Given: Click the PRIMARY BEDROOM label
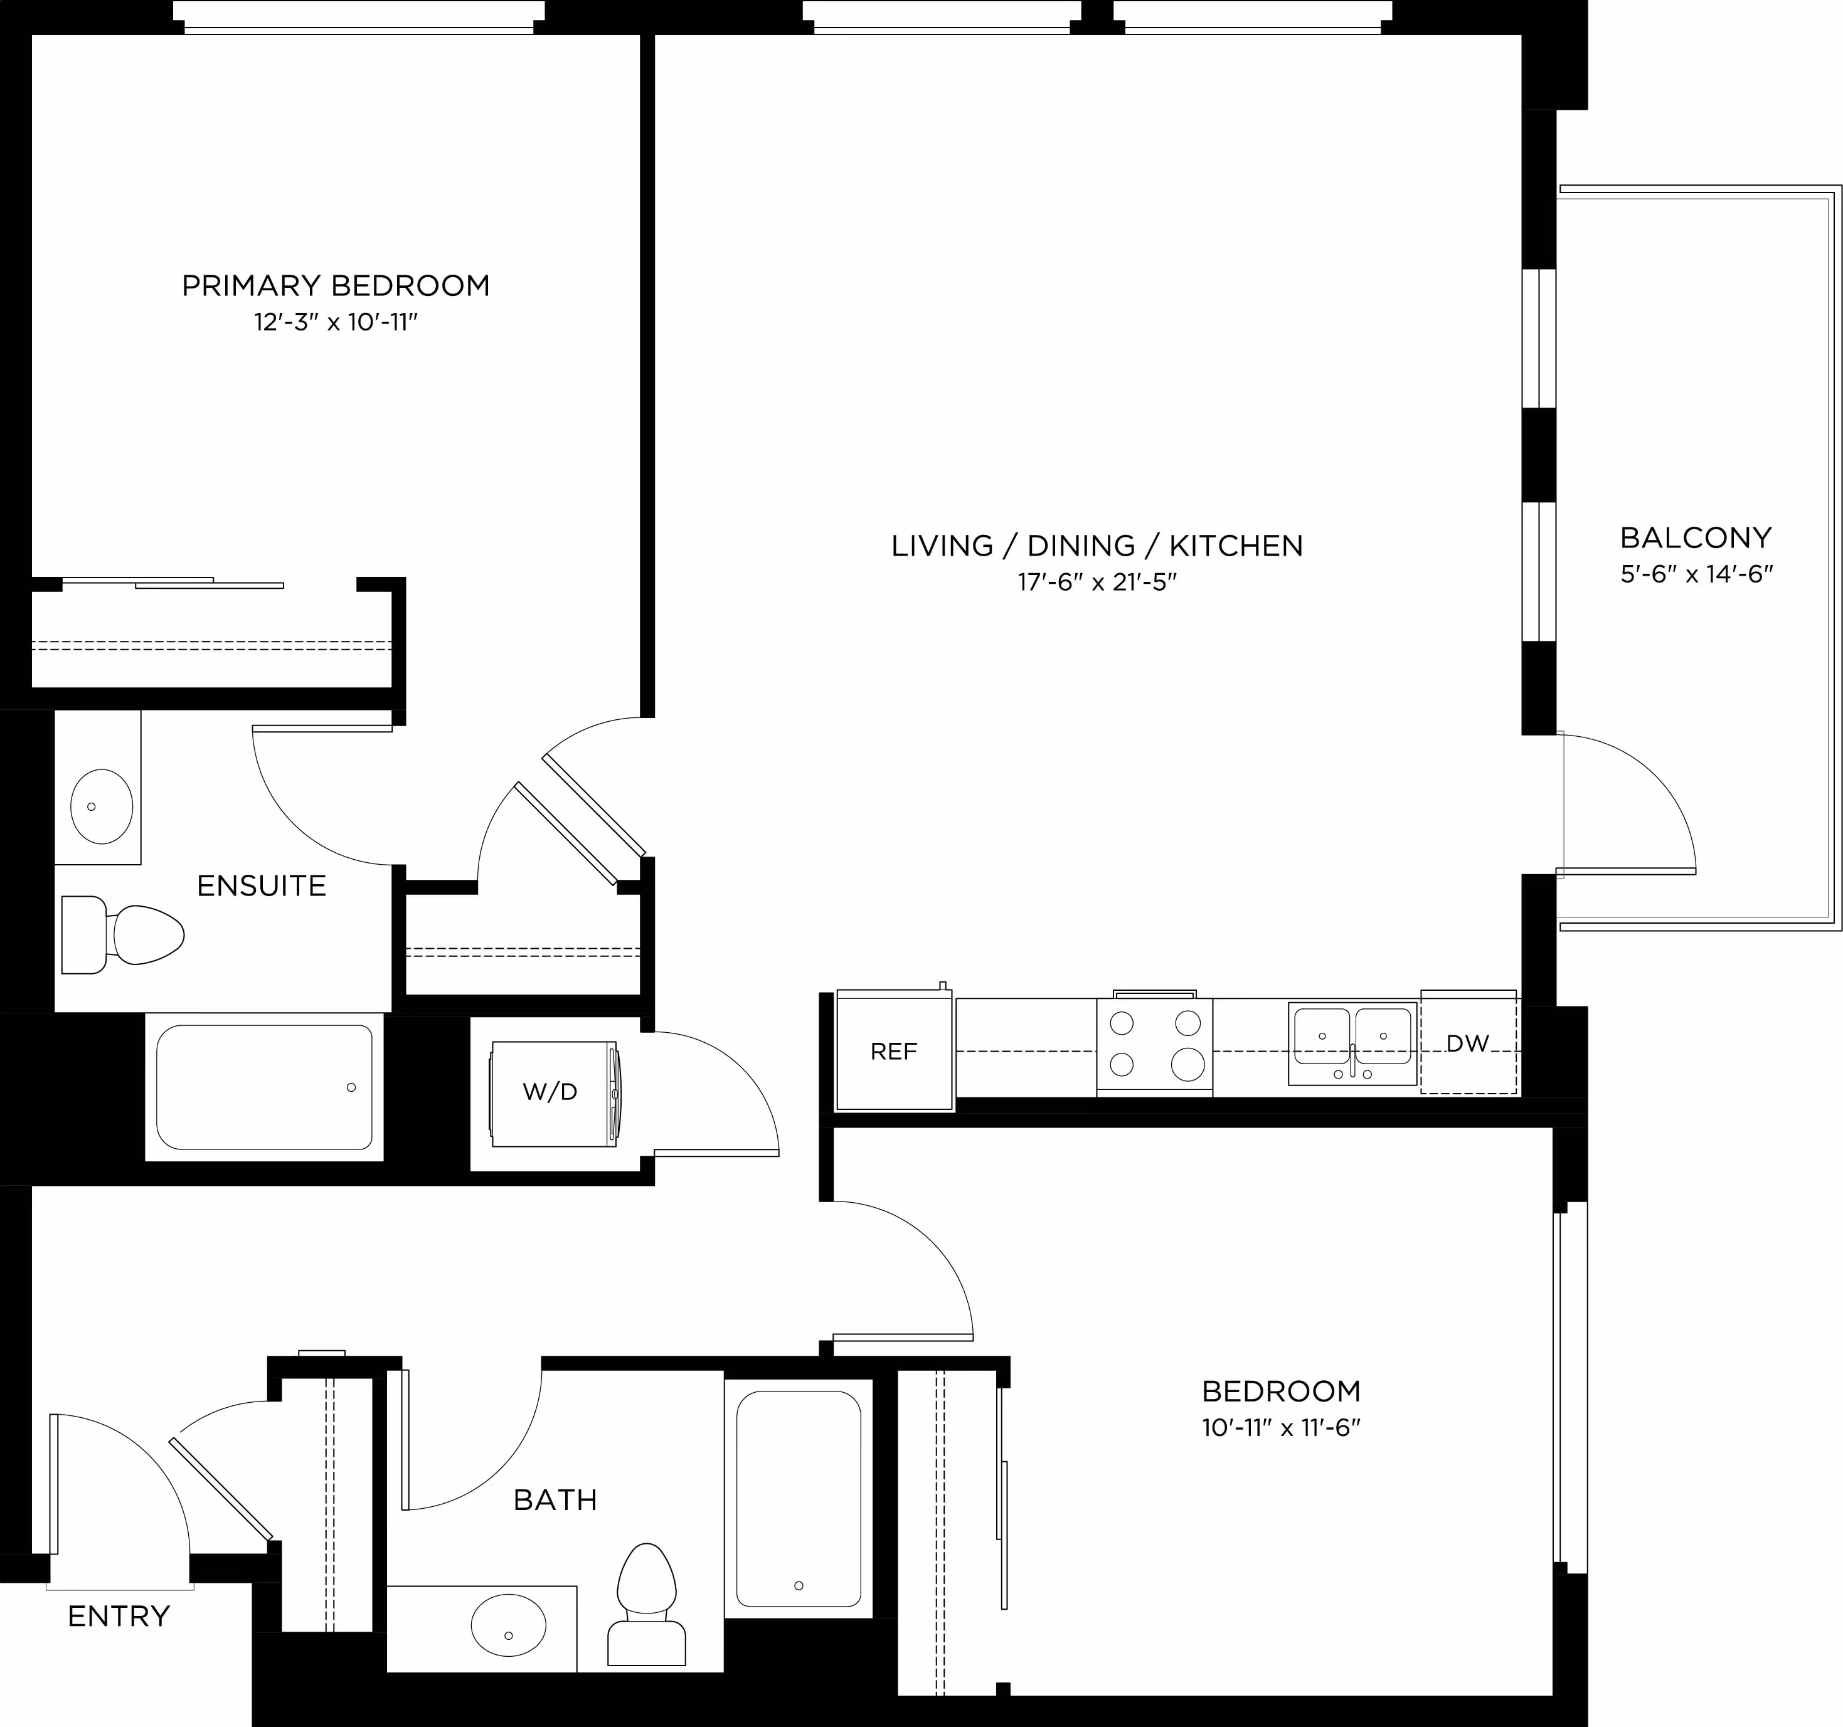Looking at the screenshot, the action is point(336,285).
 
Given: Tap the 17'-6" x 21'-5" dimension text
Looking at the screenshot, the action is point(1097,582).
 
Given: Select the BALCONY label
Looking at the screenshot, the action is point(1696,537).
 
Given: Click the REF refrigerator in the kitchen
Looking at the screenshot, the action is point(895,1050).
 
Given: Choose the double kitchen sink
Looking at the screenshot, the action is point(1352,1043).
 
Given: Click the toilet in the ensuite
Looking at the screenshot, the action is point(122,934).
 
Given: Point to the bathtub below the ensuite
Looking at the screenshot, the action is point(264,1087).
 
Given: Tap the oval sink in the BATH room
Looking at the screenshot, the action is point(508,1625).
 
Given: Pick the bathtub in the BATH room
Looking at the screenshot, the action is point(798,1499).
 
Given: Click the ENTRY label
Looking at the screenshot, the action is point(119,1617).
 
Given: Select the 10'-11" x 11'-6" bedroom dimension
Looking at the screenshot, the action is point(1281,1428).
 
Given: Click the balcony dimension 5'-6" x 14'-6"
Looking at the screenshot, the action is point(1696,574).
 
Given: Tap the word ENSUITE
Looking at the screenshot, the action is point(262,886).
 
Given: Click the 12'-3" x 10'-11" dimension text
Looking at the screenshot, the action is point(336,322).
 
